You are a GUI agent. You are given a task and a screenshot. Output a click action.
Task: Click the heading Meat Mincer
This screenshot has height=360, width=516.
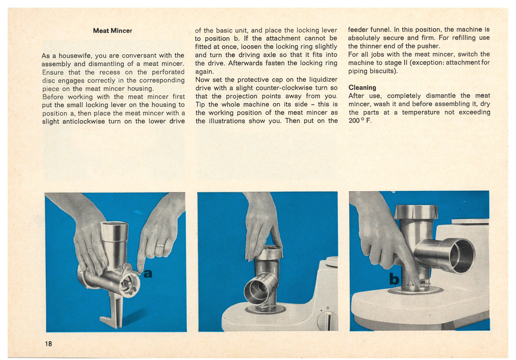112,31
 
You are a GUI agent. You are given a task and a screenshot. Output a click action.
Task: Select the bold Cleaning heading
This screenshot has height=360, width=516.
362,88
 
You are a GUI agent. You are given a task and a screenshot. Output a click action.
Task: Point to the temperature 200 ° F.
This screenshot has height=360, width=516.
359,120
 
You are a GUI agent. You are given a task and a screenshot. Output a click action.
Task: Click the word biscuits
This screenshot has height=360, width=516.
382,71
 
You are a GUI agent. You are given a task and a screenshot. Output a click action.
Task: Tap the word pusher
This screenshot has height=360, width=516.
429,46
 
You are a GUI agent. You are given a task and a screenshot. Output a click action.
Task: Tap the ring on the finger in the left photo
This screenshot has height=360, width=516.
160,246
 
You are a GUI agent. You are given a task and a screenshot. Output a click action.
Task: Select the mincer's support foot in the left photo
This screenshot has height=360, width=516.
112,312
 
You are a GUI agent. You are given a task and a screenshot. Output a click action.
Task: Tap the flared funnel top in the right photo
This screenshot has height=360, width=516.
416,212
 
